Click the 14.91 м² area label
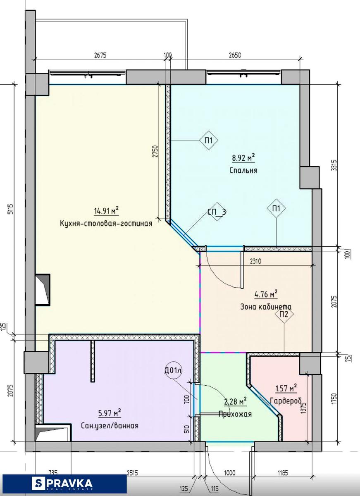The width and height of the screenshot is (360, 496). pos(107,210)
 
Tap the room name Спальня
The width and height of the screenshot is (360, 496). pos(243,170)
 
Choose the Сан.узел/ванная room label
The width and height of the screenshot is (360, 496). pos(110,426)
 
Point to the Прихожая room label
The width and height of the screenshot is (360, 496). pos(235,414)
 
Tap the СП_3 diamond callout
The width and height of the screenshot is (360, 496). pos(217,212)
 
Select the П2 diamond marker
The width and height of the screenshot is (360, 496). pos(284,315)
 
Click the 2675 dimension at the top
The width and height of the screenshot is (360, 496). pos(100,55)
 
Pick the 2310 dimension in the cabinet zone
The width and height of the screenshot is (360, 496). pos(255,262)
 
